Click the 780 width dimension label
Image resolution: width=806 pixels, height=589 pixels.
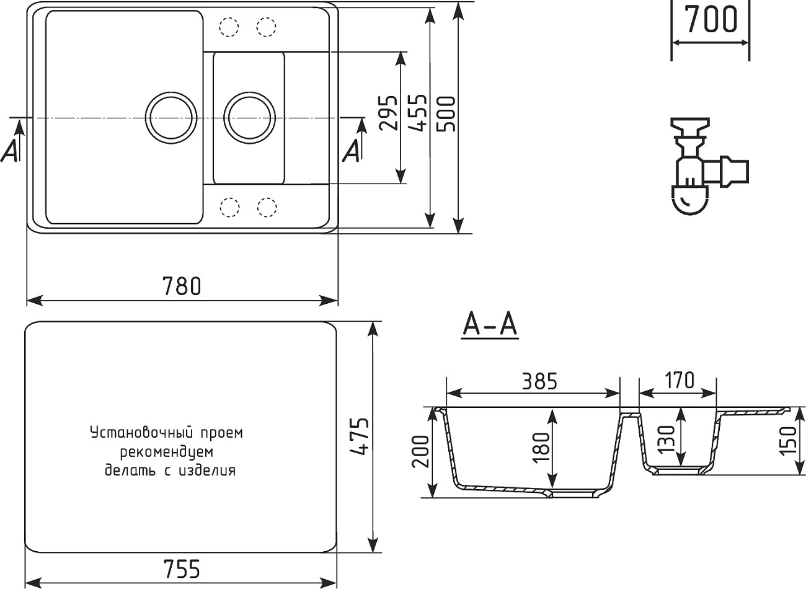point(182,286)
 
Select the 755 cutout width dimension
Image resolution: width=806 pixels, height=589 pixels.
point(182,568)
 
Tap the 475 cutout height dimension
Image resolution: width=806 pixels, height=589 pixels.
point(359,436)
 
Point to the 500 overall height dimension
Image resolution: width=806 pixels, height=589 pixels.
point(446,113)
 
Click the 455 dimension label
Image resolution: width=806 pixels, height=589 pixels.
point(418,113)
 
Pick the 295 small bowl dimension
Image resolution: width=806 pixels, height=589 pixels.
point(388,113)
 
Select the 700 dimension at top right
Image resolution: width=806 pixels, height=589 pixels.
point(711,19)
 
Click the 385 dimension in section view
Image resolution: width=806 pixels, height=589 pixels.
point(538,381)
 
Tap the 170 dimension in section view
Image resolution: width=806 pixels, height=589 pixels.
point(680,380)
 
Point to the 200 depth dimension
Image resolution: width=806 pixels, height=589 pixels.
point(420,451)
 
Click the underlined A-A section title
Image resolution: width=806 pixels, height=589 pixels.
point(490,324)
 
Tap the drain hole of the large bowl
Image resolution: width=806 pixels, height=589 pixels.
point(171,117)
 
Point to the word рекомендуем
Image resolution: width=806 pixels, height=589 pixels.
point(167,451)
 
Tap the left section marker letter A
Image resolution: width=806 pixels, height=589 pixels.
point(11,151)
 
